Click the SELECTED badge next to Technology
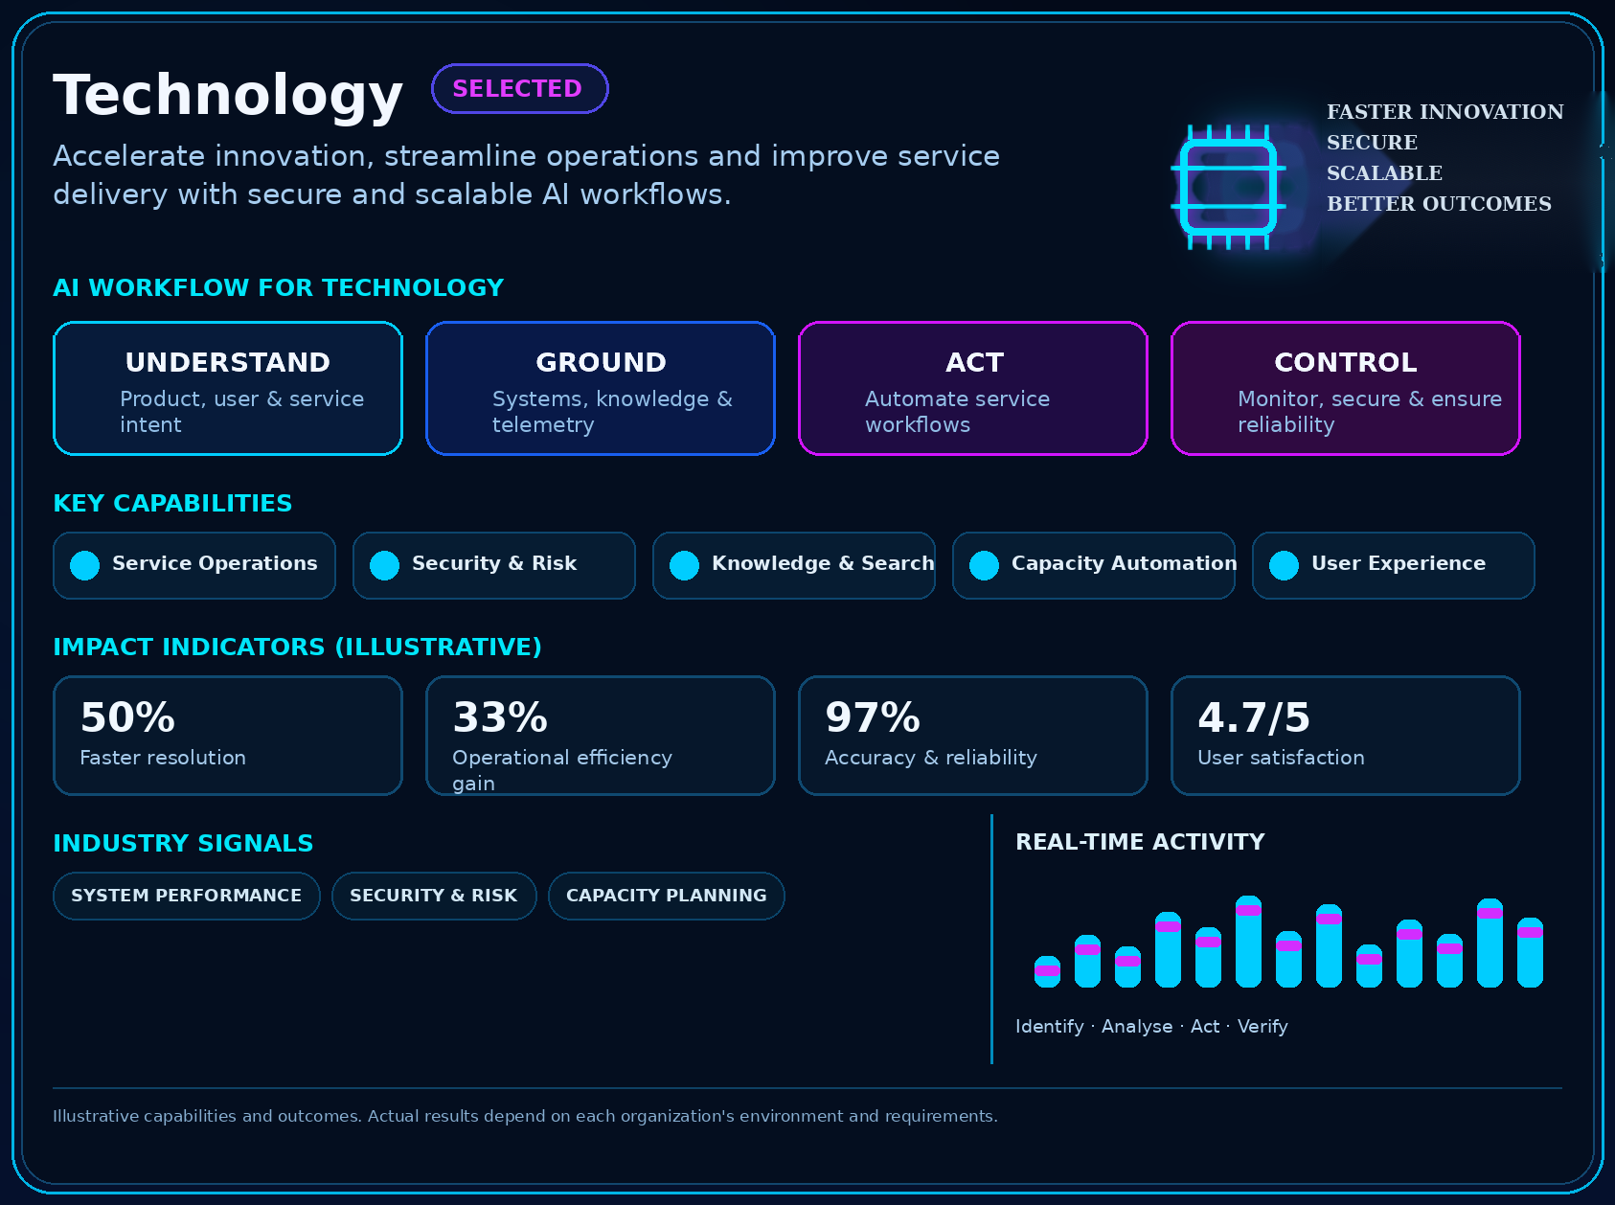point(520,88)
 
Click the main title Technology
point(228,96)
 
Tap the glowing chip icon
point(1228,187)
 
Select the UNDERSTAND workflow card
point(228,388)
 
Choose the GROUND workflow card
point(601,388)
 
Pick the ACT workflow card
point(973,388)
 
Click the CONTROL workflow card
point(1346,388)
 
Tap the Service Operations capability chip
point(194,565)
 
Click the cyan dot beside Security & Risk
point(384,565)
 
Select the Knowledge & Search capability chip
point(794,565)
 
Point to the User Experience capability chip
point(1394,565)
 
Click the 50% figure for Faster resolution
point(127,717)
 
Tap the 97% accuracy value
point(873,717)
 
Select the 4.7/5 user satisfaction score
point(1254,717)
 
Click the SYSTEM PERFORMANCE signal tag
point(187,896)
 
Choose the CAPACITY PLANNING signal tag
point(667,896)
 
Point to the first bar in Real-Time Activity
point(1048,971)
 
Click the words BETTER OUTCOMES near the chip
point(1439,204)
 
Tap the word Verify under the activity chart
point(1262,1027)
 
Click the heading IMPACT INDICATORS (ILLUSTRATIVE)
point(297,648)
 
